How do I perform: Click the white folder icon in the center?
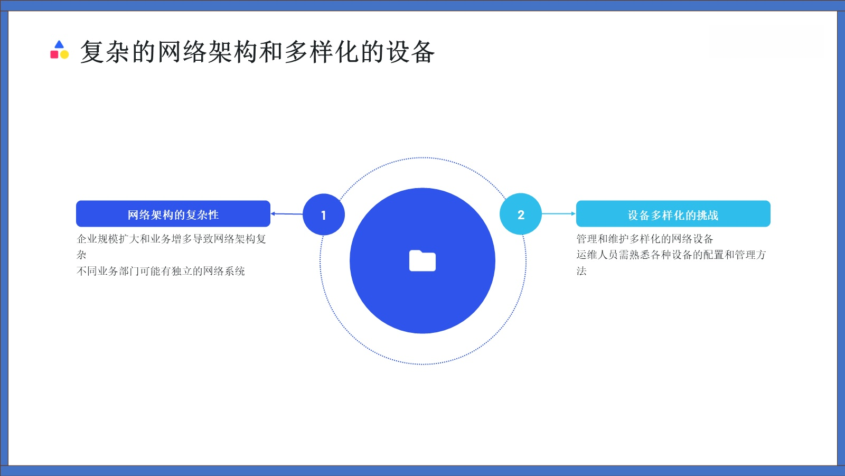coord(422,260)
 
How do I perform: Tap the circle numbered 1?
coord(324,214)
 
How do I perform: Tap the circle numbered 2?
coord(521,214)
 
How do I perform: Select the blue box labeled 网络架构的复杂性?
coord(173,214)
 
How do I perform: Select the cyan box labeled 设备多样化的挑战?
coord(673,214)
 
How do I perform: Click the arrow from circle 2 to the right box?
coord(559,214)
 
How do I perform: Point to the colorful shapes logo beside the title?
coord(59,50)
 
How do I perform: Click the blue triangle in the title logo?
coord(59,45)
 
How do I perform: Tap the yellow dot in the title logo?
coord(64,54)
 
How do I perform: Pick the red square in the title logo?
coord(54,54)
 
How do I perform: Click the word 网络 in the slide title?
coord(170,52)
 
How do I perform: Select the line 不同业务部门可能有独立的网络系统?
coord(161,271)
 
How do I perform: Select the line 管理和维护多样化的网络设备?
coord(645,239)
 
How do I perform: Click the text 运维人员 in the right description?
coord(597,255)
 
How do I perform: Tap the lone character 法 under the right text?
coord(581,271)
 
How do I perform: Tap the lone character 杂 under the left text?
coord(81,255)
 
